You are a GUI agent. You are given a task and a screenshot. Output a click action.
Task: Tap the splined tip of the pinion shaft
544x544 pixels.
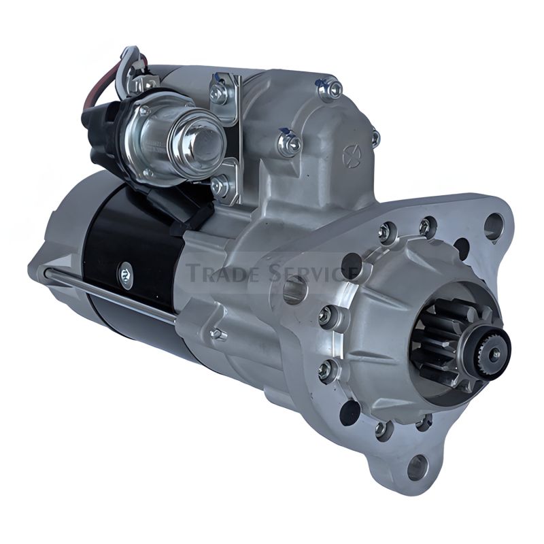tap(490, 353)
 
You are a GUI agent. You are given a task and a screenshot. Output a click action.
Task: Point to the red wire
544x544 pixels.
tap(91, 91)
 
